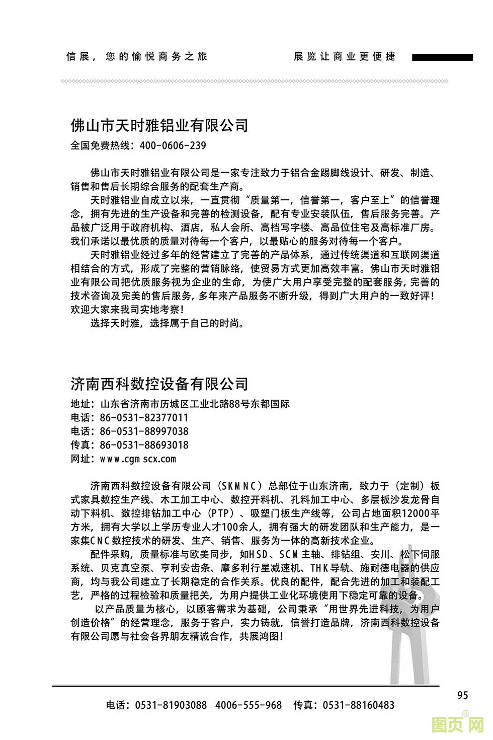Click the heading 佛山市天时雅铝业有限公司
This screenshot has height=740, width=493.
point(159,125)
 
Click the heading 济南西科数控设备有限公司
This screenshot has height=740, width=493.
point(159,384)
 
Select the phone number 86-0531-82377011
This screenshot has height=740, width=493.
point(144,418)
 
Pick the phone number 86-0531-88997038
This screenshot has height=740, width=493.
point(144,431)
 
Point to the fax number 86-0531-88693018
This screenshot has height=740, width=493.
point(144,445)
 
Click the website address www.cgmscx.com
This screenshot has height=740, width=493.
point(138,459)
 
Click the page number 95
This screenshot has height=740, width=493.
point(463,695)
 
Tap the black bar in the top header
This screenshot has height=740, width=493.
point(442,58)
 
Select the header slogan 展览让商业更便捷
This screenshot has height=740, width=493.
point(345,56)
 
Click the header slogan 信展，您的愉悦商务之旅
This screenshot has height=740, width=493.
point(136,56)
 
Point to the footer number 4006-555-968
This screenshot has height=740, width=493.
point(249,705)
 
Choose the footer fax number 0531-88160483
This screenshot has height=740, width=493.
point(358,705)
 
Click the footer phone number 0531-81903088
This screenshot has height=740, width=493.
point(171,705)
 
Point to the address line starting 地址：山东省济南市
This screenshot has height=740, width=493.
point(180,404)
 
